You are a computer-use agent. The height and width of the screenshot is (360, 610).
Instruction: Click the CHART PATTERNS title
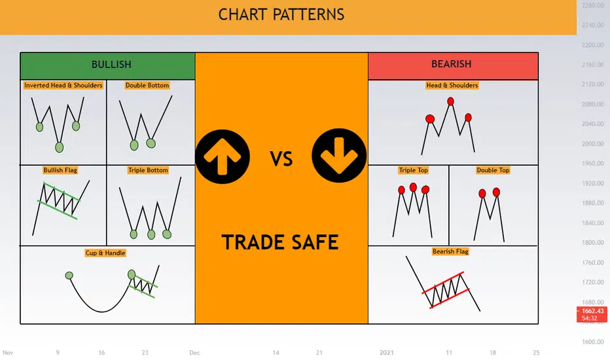(281, 15)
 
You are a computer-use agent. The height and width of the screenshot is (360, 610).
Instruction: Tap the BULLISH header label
(111, 64)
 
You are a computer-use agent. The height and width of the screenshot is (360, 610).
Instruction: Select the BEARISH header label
(451, 64)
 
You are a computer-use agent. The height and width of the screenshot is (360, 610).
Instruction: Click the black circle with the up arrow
(223, 157)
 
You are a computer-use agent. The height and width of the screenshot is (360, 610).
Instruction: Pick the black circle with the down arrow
(339, 156)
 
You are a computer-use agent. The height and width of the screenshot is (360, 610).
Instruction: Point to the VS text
(281, 159)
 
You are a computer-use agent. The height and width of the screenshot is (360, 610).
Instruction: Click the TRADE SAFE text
(280, 242)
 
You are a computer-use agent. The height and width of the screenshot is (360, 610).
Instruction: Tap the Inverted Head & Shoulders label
(63, 85)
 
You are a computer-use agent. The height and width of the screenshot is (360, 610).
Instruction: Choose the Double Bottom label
(147, 85)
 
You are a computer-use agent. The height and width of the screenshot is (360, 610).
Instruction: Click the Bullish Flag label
(60, 170)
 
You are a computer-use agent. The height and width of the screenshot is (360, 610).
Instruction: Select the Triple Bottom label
(148, 170)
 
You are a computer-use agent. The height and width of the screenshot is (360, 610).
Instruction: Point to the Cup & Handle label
(105, 253)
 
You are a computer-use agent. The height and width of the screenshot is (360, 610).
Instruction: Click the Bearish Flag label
(450, 251)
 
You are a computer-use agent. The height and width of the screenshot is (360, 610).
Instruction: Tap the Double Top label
(493, 170)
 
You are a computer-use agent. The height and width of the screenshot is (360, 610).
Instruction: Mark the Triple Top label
(413, 170)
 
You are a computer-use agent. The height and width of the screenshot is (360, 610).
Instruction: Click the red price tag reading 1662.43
(592, 314)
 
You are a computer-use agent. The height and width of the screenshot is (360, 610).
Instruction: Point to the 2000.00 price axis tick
(592, 143)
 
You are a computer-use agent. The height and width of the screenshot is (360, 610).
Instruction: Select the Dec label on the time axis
(194, 353)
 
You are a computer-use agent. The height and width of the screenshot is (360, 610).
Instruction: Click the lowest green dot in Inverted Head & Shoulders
(59, 147)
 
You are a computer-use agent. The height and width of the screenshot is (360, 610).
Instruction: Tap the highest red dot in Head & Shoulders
(450, 101)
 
